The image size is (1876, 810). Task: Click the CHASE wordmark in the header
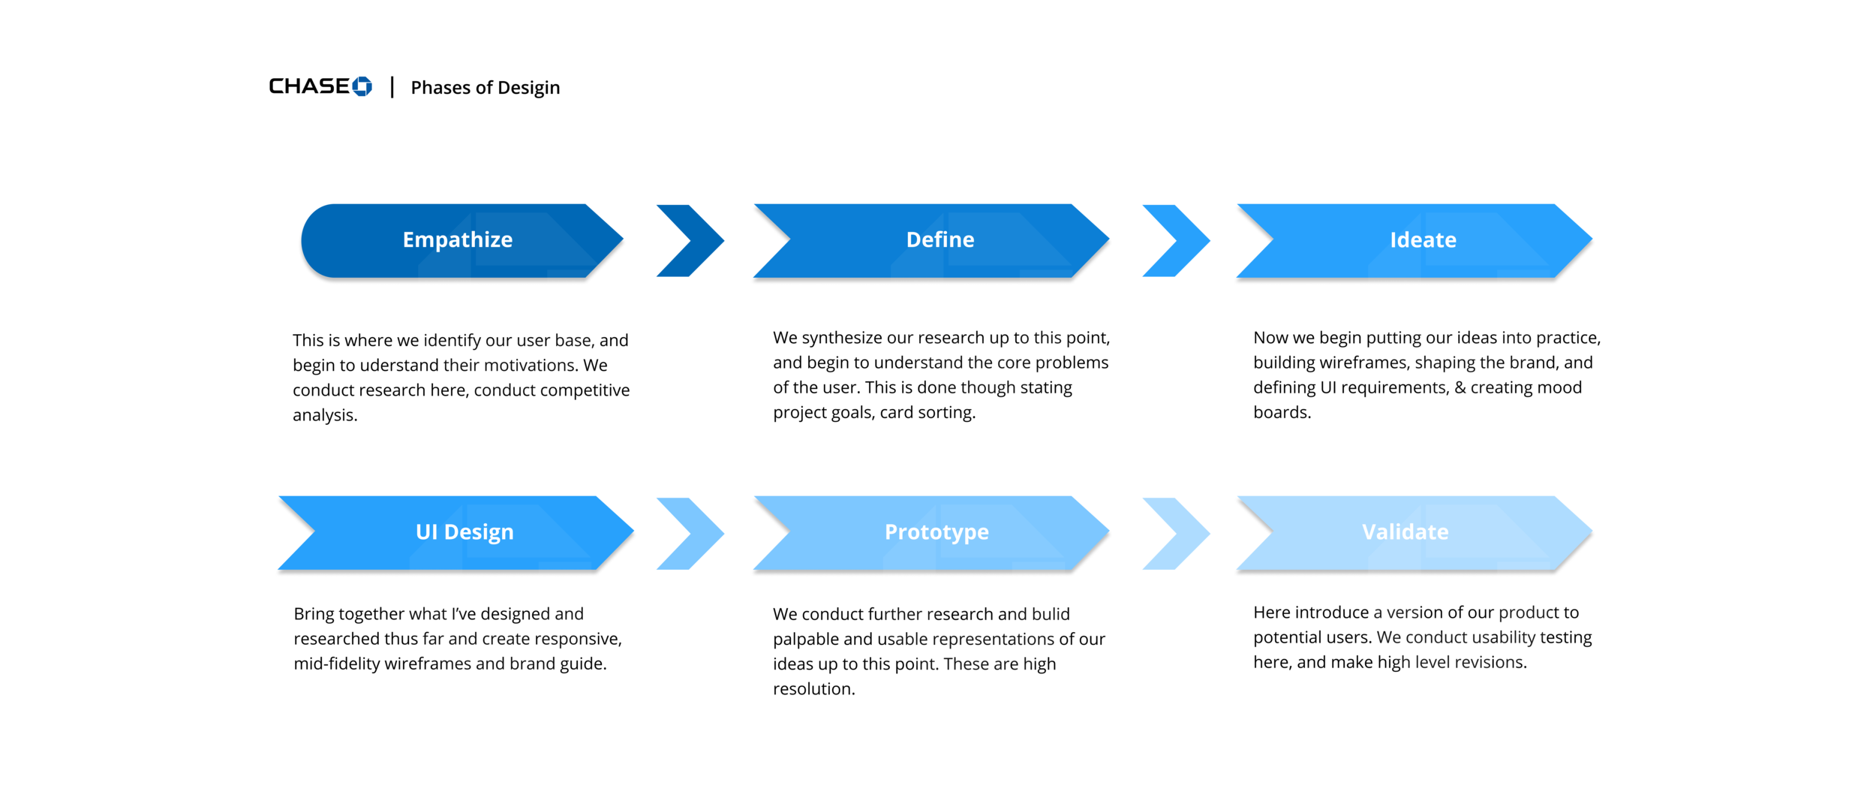(308, 86)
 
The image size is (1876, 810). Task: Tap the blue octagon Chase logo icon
(362, 86)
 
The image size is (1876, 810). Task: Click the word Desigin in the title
(528, 88)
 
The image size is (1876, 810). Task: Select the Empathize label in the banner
(457, 239)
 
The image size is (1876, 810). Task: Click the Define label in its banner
(940, 239)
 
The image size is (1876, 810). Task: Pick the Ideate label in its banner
(1422, 240)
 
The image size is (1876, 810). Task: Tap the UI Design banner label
(464, 531)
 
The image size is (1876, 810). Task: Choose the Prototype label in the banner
(936, 531)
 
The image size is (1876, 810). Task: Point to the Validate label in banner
(1405, 531)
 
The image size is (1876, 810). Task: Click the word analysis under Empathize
(323, 415)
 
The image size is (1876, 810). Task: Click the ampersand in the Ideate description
(1460, 387)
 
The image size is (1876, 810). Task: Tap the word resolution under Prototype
(813, 689)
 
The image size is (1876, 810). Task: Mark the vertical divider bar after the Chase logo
(392, 87)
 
